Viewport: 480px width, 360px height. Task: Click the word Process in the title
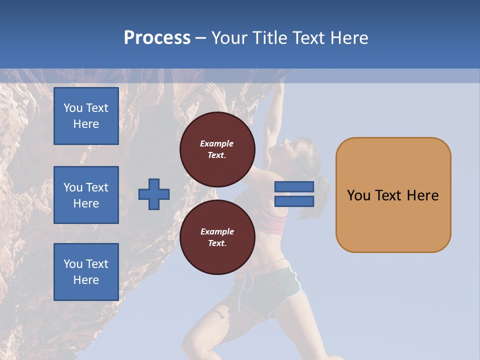click(x=157, y=38)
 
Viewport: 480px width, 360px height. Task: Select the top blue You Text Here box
click(x=86, y=116)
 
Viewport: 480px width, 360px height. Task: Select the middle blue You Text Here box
click(x=86, y=195)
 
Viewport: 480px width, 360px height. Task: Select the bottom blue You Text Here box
click(x=86, y=271)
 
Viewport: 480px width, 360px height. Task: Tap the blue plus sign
click(x=154, y=194)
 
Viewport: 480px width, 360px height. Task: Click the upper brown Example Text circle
click(x=217, y=149)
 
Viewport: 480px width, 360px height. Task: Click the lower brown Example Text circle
click(x=217, y=237)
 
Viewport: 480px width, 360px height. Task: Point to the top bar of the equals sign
click(x=294, y=187)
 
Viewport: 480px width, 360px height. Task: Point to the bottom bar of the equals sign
click(x=294, y=201)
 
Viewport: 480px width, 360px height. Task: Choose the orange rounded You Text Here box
click(x=393, y=195)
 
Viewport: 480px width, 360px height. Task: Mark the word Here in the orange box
click(x=422, y=195)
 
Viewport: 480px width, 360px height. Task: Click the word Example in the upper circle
click(x=217, y=143)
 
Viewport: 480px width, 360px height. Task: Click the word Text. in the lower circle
click(x=217, y=243)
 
